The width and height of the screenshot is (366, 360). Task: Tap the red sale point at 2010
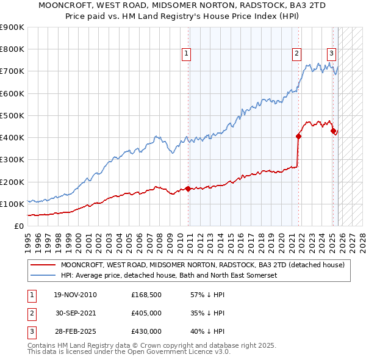click(x=188, y=189)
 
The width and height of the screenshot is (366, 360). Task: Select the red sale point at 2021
click(x=299, y=136)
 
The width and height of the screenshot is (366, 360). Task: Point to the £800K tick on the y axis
click(x=12, y=49)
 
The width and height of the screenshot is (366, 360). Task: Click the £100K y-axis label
click(x=12, y=204)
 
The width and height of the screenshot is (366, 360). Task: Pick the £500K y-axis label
click(x=12, y=115)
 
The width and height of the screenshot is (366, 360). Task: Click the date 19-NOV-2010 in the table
click(x=75, y=295)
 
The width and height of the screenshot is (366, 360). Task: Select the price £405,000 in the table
click(x=146, y=313)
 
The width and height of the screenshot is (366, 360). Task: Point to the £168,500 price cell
click(x=146, y=295)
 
